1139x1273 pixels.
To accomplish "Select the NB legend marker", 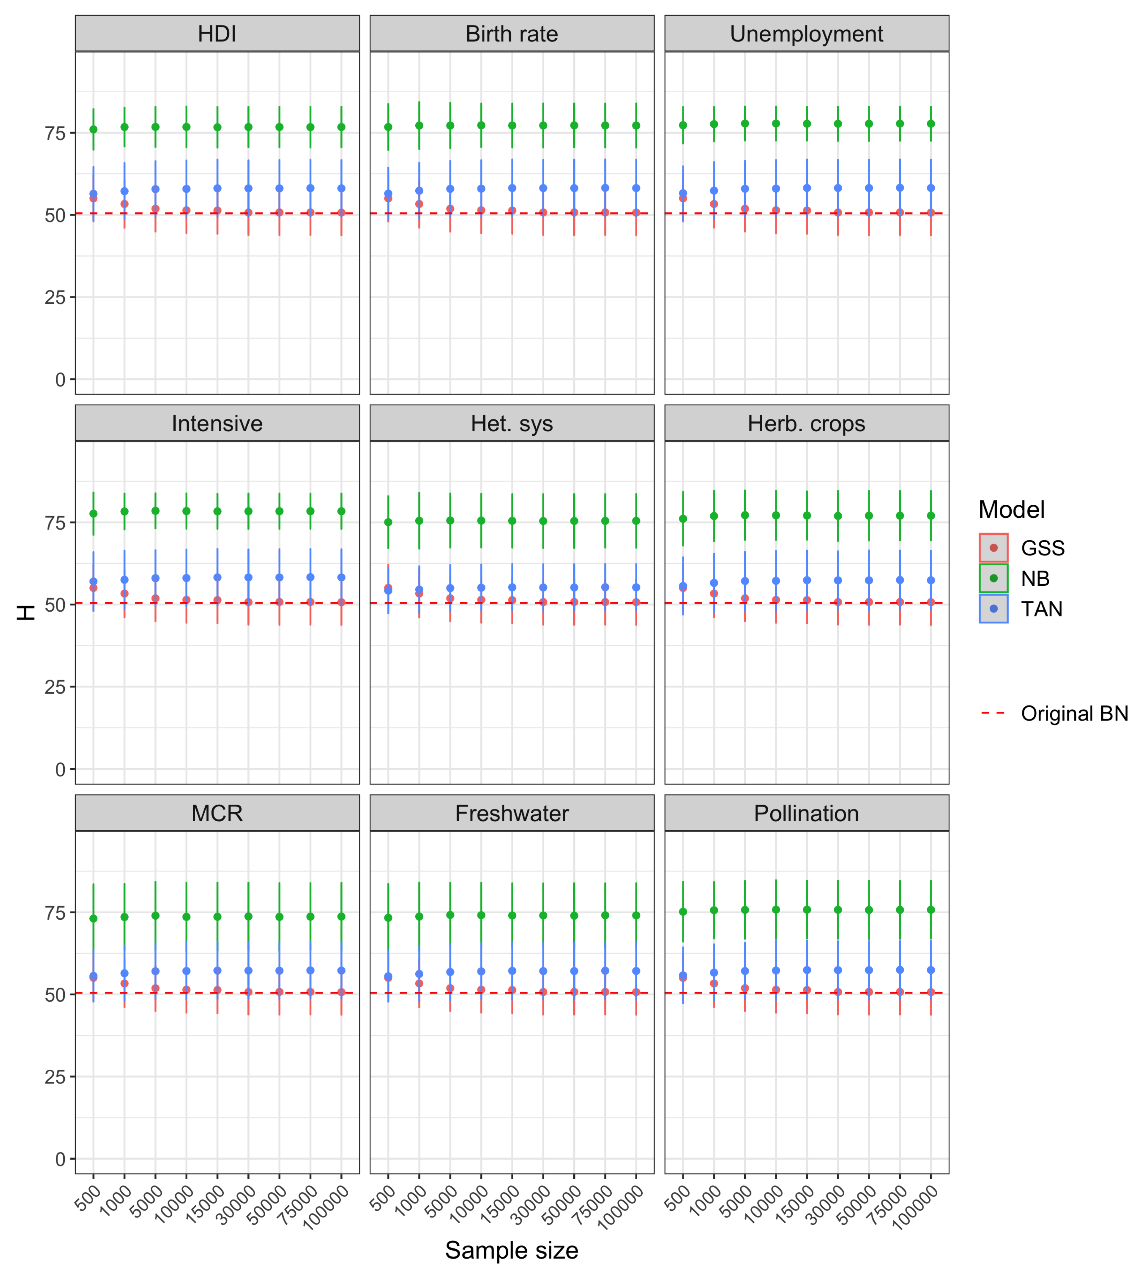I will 993,578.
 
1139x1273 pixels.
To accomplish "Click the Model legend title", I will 1011,509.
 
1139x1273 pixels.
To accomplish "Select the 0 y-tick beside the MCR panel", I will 60,1159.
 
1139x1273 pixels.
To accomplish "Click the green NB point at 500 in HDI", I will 93,130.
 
